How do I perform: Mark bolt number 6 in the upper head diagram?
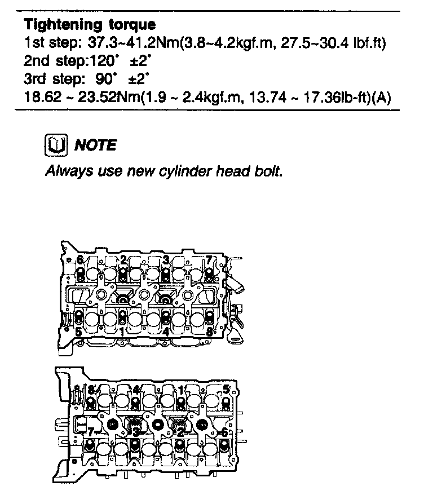tap(80, 260)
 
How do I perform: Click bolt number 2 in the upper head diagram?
tap(123, 259)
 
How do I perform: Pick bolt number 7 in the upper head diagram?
tap(209, 260)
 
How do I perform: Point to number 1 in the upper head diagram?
tap(122, 332)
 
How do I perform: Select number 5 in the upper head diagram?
tap(78, 332)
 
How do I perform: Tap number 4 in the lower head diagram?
tap(136, 390)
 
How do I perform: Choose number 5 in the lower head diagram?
tap(226, 389)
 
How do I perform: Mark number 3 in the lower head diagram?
tap(135, 432)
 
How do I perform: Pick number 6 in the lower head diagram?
tap(224, 432)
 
